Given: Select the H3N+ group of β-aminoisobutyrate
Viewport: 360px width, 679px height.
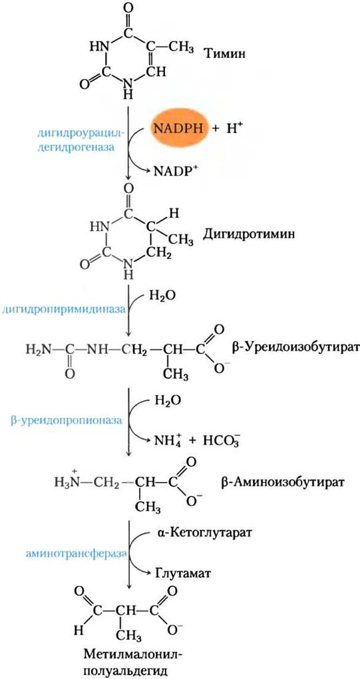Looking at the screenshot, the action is click(x=69, y=479).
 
